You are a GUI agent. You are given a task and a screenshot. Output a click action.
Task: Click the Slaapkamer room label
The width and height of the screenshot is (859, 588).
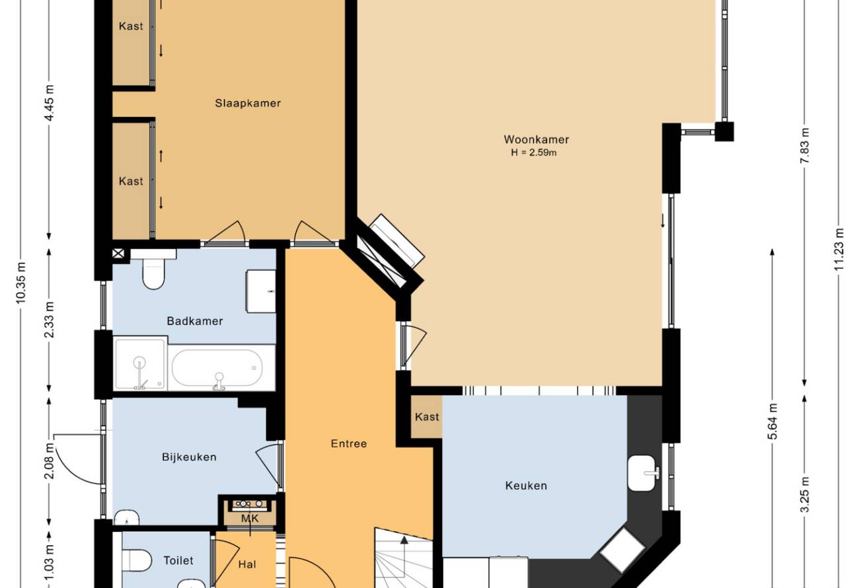248,103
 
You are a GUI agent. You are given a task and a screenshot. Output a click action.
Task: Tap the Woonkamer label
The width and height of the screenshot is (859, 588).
536,139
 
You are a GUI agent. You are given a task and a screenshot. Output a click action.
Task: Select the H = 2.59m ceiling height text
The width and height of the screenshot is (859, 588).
534,153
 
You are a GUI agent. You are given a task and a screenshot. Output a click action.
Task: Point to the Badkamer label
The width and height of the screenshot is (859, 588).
195,321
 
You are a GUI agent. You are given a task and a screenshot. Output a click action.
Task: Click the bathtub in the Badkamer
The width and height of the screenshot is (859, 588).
217,367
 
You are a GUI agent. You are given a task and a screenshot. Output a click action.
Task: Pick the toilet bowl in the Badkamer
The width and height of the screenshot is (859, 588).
153,273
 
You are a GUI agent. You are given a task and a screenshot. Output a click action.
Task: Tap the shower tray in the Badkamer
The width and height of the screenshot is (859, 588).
140,363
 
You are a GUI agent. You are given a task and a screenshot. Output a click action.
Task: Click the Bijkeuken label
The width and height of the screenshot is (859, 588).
189,457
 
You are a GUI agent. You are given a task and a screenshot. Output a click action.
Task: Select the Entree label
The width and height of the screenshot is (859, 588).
349,443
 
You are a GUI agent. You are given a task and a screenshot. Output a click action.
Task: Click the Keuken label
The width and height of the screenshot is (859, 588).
526,486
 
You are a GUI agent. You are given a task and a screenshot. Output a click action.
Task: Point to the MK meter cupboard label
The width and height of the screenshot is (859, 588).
250,519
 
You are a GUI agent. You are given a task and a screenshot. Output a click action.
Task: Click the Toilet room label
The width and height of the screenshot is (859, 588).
178,560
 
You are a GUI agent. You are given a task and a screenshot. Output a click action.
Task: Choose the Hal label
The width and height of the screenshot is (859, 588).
247,564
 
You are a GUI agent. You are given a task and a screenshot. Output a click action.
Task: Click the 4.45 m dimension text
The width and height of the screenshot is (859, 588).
50,102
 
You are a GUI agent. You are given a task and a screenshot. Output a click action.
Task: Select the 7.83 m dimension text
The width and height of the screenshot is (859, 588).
805,145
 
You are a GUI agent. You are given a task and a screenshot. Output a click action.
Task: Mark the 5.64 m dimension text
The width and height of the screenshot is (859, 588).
772,422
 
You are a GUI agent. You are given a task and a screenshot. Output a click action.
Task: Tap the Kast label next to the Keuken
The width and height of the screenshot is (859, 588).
427,417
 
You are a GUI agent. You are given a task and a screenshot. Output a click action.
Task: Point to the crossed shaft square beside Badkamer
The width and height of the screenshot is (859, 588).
118,254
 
